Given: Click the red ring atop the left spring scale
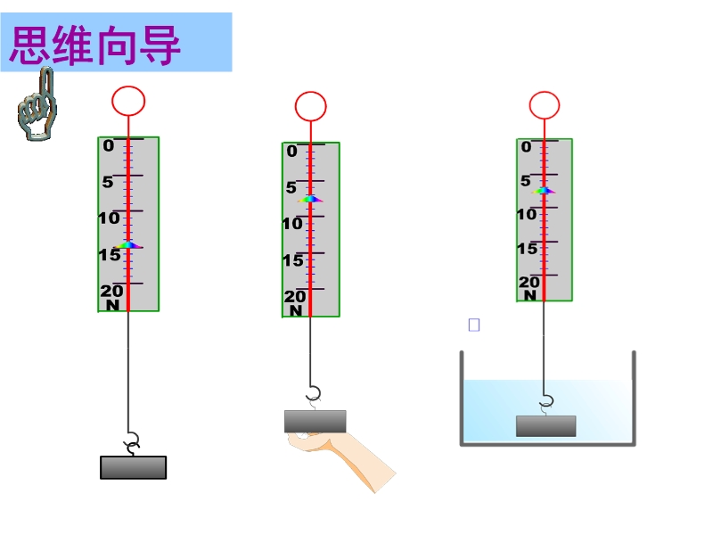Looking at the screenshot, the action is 128,86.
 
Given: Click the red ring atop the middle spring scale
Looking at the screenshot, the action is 310,93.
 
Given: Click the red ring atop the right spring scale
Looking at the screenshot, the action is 545,92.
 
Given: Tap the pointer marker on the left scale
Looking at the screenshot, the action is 128,244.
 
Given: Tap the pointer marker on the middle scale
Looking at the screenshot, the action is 310,199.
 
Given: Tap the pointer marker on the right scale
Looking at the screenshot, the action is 544,190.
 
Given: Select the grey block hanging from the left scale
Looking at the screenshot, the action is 133,467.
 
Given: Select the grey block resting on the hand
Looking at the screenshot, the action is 316,421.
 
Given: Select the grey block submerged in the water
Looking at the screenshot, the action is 546,426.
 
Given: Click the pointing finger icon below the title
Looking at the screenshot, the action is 37,104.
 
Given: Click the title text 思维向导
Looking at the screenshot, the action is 95,45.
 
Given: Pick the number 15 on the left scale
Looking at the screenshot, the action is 110,255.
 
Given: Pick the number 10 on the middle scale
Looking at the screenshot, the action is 292,224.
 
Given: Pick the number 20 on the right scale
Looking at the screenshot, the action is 529,282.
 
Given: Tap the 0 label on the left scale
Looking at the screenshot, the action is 108,145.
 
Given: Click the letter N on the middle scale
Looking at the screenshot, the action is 296,310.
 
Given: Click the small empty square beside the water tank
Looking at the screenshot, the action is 474,325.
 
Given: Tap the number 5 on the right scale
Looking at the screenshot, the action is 526,181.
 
